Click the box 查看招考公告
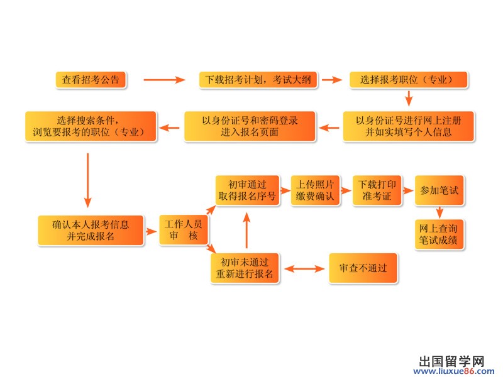91,80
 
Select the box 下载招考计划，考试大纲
259,80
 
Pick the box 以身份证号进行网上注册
408,126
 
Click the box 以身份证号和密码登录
250,126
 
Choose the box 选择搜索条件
91,126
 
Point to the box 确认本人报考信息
91,231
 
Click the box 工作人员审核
184,231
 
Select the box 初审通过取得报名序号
247,190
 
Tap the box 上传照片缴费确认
315,190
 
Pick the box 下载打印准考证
377,190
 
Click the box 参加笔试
440,190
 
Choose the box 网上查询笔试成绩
439,234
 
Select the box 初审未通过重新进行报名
245,268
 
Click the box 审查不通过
363,268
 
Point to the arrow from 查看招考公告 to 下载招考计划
164,80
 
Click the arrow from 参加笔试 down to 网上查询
439,212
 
